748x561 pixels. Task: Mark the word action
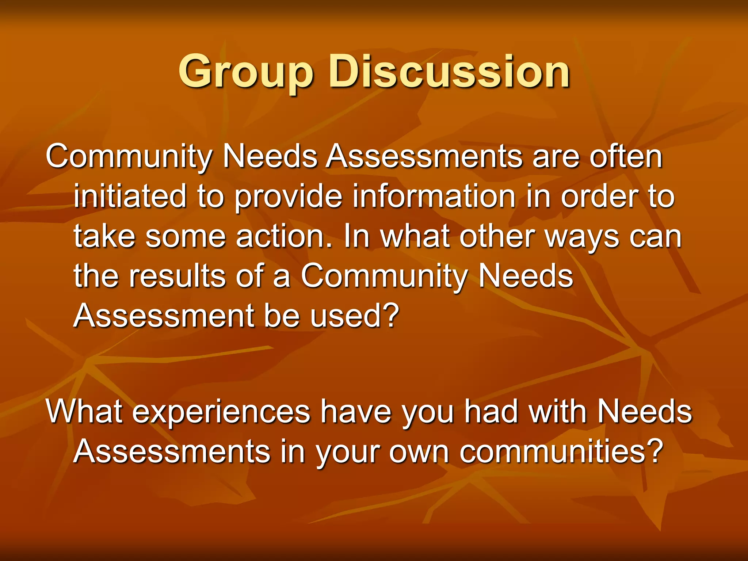tap(285, 236)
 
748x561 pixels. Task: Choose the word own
tap(419, 452)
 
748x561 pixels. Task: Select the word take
tap(104, 236)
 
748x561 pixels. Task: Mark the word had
tap(491, 412)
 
